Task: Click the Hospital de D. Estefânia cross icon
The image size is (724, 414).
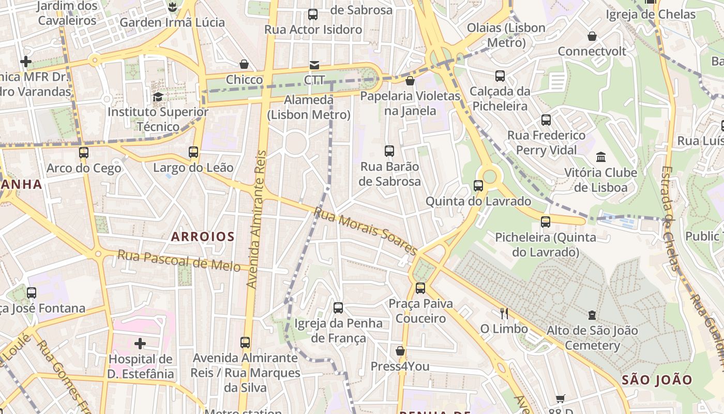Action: tap(140, 344)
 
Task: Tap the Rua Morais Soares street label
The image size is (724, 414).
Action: tap(365, 231)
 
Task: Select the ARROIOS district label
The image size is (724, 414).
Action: tap(203, 236)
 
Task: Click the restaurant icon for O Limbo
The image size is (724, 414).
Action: tap(504, 314)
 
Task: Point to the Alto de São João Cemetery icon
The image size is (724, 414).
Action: tap(592, 315)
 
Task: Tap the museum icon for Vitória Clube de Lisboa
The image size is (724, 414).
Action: tap(600, 157)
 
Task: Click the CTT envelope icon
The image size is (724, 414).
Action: tap(314, 65)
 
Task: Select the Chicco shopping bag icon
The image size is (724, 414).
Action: tap(244, 65)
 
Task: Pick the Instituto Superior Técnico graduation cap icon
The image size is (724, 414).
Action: tap(158, 97)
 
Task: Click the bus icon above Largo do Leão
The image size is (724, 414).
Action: tap(193, 152)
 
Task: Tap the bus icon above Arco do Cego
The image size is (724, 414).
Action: tap(84, 153)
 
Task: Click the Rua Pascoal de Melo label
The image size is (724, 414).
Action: tap(179, 260)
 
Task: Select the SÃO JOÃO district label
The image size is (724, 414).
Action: tap(657, 380)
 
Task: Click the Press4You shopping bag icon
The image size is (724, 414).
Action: tap(400, 351)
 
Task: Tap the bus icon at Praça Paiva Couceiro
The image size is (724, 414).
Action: tap(420, 288)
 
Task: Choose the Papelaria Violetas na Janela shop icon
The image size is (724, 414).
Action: tap(410, 81)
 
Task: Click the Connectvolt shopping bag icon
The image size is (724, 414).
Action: tap(592, 36)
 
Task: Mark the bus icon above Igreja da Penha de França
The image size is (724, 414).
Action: tap(338, 308)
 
